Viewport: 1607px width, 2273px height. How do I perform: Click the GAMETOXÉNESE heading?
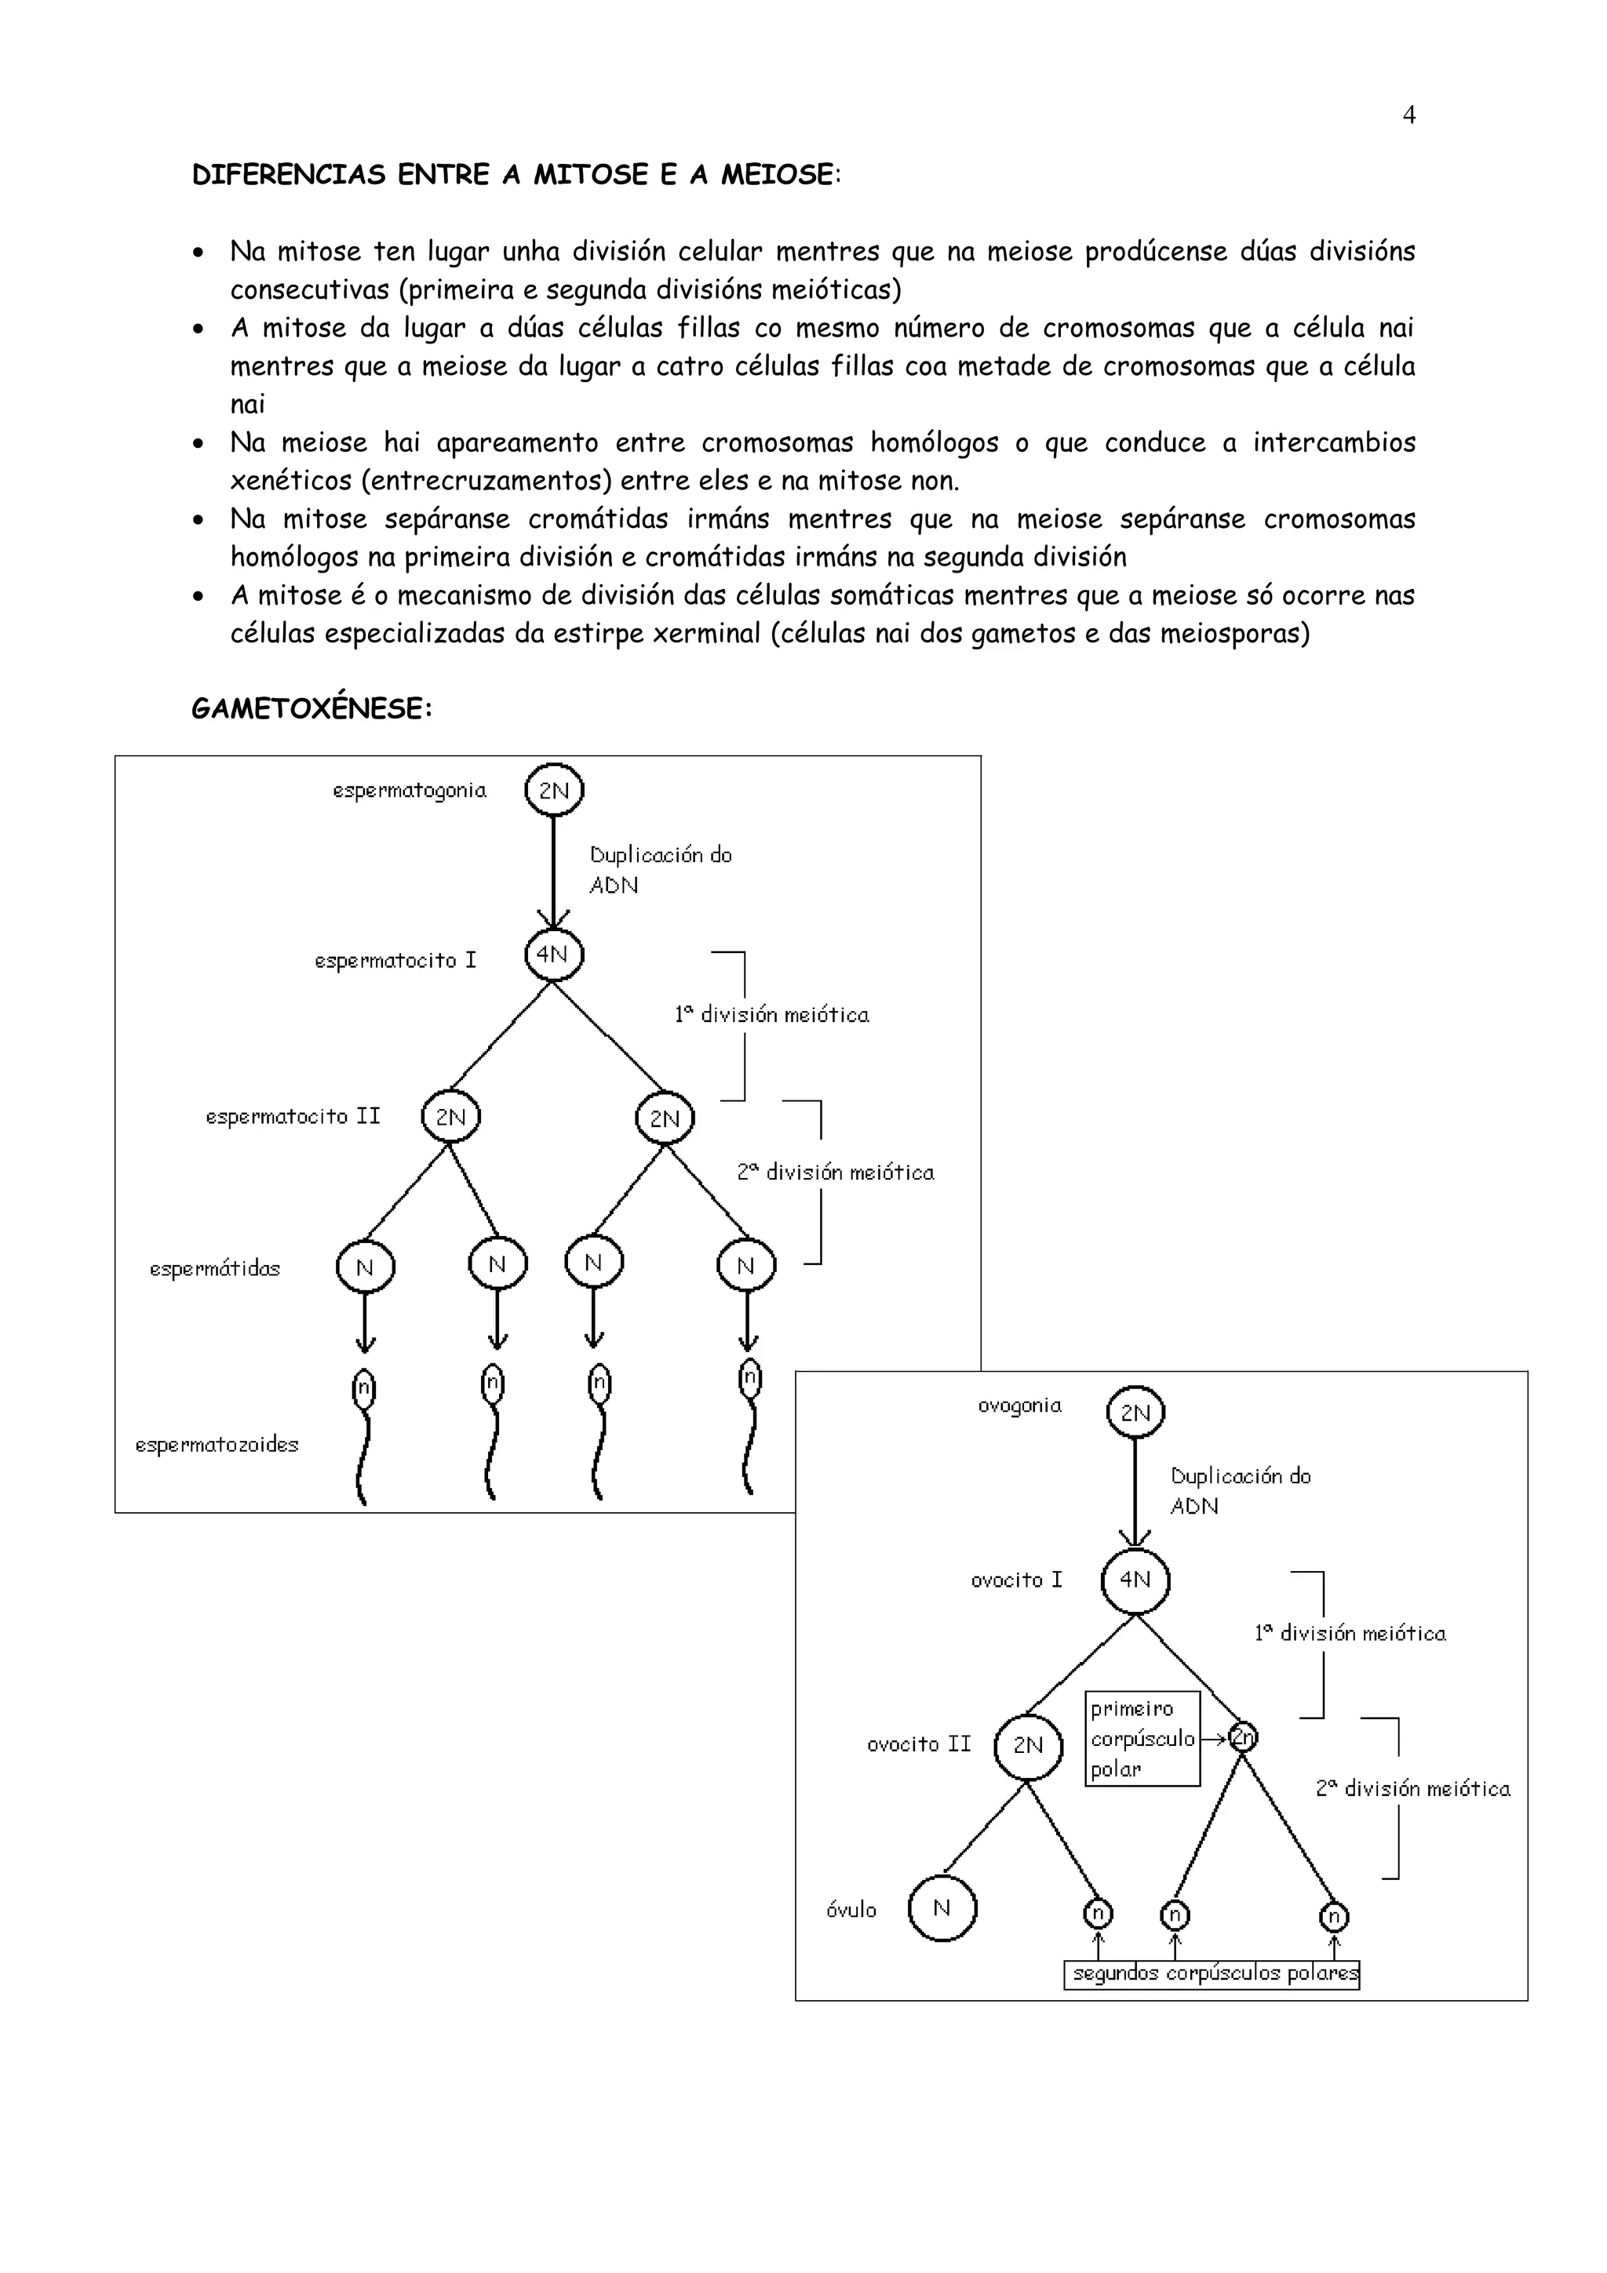click(x=312, y=709)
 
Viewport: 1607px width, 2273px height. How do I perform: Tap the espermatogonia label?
click(x=409, y=790)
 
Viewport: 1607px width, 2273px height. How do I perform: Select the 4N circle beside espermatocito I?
click(x=553, y=955)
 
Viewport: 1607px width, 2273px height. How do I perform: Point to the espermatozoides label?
click(x=217, y=1445)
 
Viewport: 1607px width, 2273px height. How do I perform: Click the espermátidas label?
click(x=215, y=1268)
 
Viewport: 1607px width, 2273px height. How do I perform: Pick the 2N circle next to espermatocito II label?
click(x=450, y=1117)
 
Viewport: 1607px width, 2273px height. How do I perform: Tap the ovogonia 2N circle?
click(x=1135, y=1413)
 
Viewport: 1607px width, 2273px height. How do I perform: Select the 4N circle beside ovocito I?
click(x=1135, y=1580)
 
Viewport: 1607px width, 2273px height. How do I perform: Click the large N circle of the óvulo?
click(x=942, y=1908)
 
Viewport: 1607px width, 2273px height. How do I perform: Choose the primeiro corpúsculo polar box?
click(x=1142, y=1738)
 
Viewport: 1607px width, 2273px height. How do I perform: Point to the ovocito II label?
click(x=919, y=1744)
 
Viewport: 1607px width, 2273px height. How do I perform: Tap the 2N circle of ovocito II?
click(x=1028, y=1747)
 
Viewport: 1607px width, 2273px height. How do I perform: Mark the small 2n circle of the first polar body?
click(x=1243, y=1737)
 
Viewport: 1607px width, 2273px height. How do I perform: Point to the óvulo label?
click(x=851, y=1910)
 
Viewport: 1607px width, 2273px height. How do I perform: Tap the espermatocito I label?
click(x=395, y=960)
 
